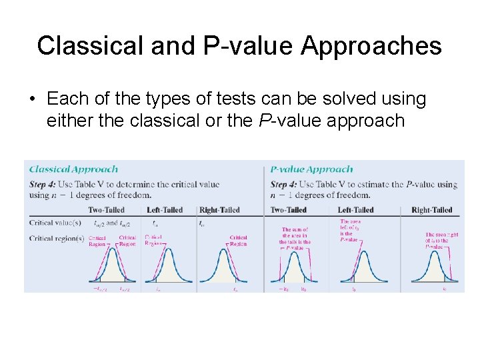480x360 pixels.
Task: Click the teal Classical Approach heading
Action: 73,169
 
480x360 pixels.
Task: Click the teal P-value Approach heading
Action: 311,169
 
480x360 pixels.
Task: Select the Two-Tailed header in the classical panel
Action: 106,210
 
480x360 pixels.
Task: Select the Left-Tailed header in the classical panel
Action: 165,210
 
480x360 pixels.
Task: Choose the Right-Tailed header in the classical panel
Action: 219,210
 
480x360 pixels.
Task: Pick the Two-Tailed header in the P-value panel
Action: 289,210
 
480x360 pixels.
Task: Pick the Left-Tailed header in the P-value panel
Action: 355,210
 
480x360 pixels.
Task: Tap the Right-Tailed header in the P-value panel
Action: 431,210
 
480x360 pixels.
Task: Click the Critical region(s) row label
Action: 57,238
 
